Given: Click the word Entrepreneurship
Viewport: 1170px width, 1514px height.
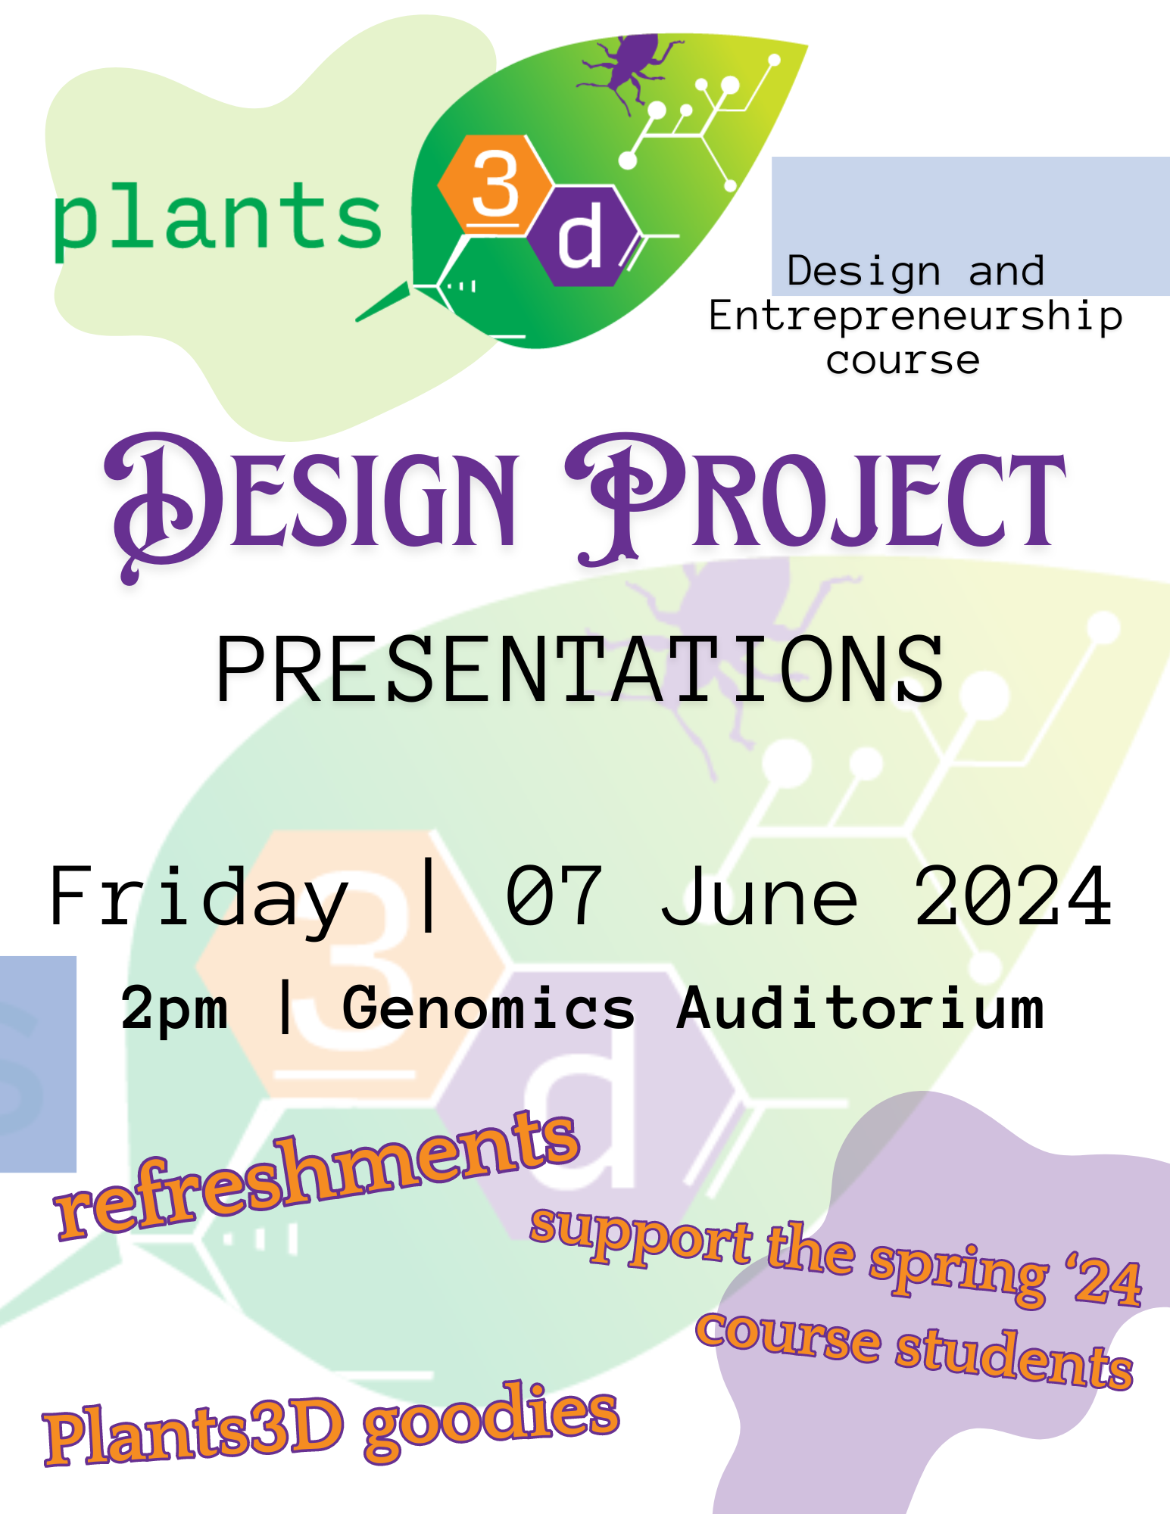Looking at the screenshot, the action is [x=916, y=316].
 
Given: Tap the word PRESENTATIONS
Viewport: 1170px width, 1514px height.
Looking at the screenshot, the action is [x=580, y=669].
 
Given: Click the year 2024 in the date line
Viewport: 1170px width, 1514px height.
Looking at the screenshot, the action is [x=1013, y=896].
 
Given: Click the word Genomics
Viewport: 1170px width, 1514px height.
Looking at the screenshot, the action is [x=488, y=1008].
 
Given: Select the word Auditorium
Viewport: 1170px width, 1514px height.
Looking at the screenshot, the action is [x=860, y=1007].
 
